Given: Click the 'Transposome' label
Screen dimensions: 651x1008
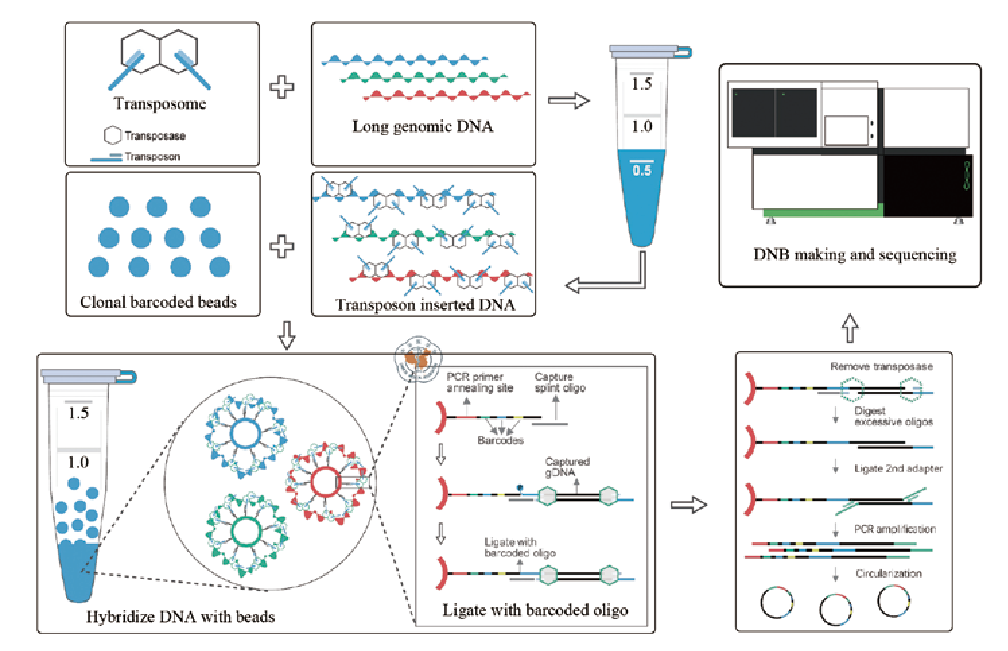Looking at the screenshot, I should coord(160,104).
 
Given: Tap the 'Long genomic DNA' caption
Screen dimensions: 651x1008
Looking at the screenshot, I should coord(422,127).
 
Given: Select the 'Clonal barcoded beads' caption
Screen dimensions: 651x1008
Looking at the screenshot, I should coord(158,302).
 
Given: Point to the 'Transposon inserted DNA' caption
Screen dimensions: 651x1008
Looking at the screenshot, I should coord(425,305).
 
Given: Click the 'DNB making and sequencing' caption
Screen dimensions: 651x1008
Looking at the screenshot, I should coord(854,255).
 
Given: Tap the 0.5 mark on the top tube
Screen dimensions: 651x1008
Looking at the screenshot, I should coord(642,170).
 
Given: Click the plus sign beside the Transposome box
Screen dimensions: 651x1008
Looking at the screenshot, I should coord(282,88).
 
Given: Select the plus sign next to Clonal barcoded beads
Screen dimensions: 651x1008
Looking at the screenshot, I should coord(282,247).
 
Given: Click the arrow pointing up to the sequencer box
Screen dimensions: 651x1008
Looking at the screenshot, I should coord(850,328).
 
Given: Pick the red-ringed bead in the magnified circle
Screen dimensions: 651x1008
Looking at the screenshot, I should coord(325,483).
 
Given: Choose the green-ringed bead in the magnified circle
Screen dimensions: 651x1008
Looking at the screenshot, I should coord(246,532).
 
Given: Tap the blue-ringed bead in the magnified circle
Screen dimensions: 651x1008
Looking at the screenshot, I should coord(244,435).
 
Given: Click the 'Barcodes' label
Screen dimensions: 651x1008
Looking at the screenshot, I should coord(500,441).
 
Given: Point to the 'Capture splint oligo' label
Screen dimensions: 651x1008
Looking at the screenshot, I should coord(560,382).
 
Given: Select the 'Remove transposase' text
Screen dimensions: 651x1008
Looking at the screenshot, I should coord(881,367).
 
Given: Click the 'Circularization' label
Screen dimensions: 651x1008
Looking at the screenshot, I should coord(889,573).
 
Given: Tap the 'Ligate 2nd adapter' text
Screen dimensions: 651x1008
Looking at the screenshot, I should coord(898,468).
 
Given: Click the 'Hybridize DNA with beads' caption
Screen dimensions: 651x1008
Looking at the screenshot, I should coord(180,617).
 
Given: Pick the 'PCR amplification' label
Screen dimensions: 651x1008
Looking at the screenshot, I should coord(895,529).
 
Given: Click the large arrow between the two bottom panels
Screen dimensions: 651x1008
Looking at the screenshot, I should coord(689,505).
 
